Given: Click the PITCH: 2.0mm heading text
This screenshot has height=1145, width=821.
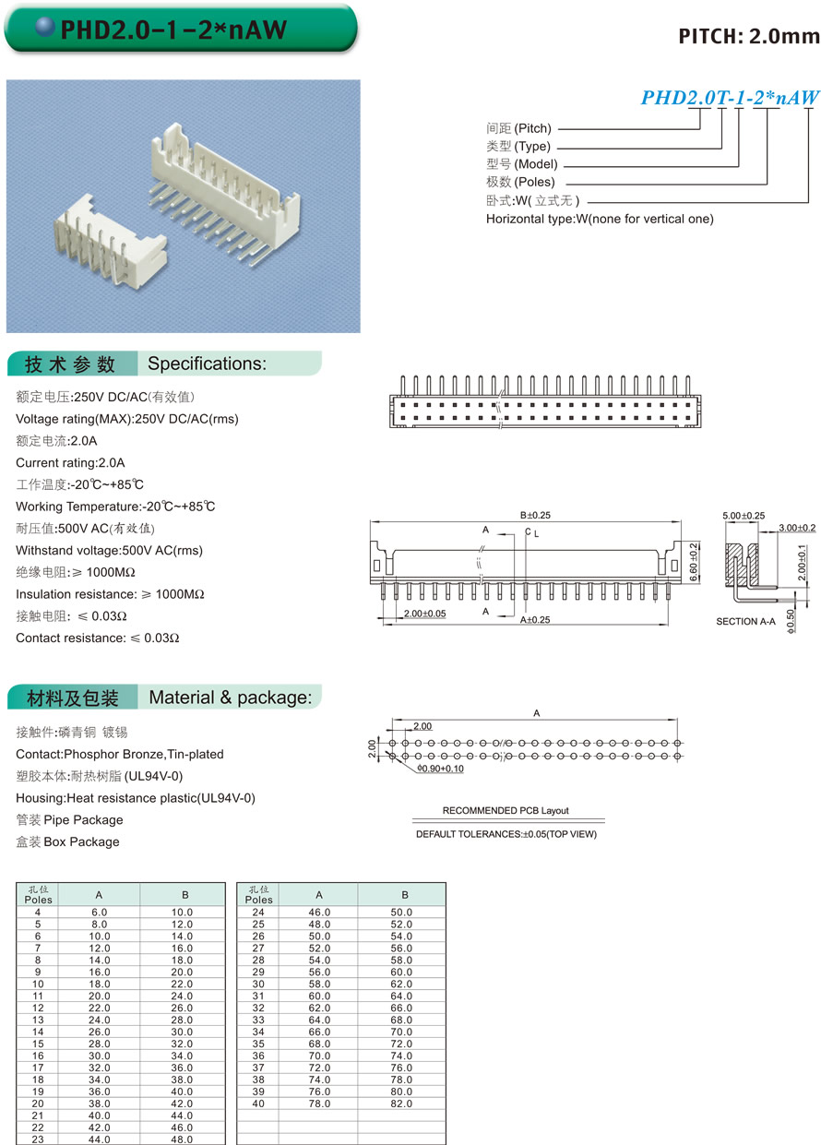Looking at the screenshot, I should (748, 37).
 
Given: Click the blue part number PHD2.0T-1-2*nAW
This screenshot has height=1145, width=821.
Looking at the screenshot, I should (730, 98).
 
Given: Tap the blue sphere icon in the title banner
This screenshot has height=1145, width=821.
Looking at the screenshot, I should (44, 29).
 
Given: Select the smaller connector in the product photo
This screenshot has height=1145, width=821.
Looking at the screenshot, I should (109, 244).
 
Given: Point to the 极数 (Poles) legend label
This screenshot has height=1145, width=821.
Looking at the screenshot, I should (520, 183).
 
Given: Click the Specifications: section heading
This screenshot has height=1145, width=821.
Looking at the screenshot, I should (207, 364).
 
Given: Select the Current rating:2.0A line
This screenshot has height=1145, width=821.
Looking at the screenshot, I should (70, 463).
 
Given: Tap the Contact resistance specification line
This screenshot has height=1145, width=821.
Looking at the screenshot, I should (98, 638).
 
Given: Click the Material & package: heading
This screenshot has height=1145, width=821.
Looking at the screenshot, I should (230, 698).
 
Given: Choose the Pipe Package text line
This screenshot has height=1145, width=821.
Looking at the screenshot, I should (69, 820).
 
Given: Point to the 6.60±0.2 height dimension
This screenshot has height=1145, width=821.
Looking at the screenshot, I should (694, 558).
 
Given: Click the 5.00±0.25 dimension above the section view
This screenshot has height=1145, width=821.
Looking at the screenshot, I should (743, 516).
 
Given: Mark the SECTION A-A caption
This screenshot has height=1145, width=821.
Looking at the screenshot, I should (746, 622).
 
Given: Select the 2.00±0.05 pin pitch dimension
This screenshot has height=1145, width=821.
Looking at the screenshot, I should (424, 614).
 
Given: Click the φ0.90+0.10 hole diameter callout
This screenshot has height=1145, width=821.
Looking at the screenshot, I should (440, 769).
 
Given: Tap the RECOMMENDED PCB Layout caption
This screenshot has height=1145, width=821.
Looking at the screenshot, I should (506, 811).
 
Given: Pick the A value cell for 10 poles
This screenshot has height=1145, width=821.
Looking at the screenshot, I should (99, 984).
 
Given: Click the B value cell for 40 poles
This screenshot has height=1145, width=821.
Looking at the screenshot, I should (401, 1103).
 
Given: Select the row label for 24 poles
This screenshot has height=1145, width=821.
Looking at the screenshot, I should (258, 912).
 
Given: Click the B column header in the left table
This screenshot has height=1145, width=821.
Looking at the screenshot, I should (184, 895).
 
